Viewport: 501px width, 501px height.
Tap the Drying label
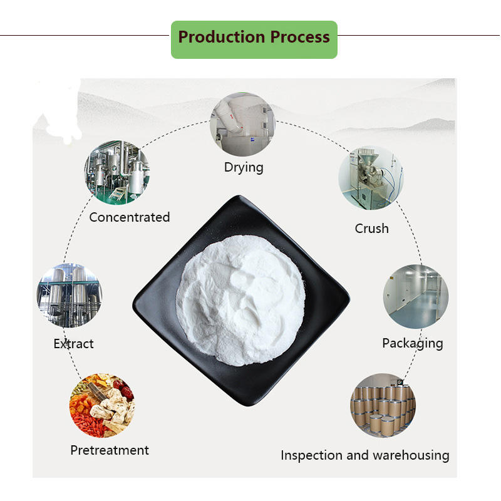244,167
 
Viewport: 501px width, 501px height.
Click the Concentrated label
130,217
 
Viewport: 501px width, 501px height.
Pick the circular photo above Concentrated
117,172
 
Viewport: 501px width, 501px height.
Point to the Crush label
371,229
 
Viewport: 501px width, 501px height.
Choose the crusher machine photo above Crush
371,178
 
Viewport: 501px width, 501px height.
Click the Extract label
74,344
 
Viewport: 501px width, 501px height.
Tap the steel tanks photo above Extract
69,295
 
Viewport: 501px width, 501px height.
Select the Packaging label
412,343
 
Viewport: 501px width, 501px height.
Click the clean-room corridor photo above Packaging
416,296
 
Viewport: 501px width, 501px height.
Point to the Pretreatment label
110,450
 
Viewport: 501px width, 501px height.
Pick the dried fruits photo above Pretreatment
101,406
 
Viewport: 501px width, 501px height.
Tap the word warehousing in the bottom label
412,455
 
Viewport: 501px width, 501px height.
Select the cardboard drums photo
383,405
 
